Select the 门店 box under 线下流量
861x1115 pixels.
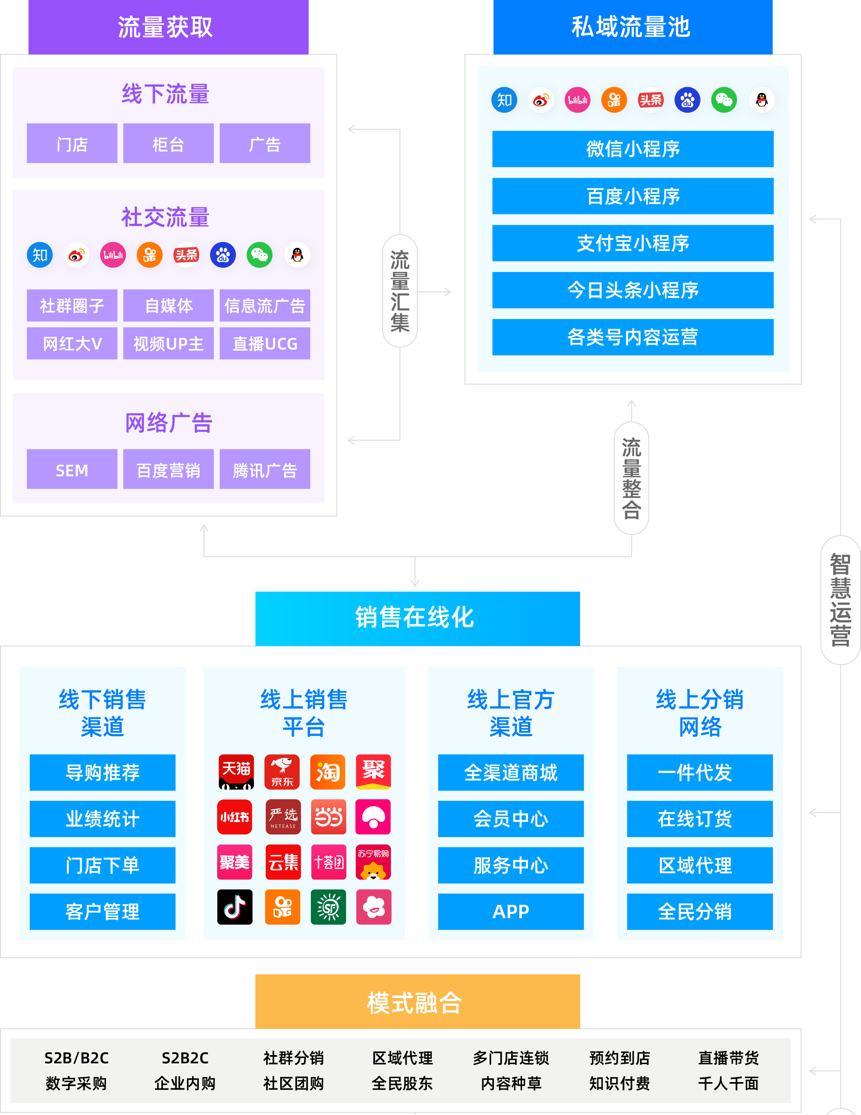pyautogui.click(x=72, y=144)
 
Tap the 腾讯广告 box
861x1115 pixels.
pyautogui.click(x=265, y=470)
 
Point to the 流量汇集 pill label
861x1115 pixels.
pyautogui.click(x=400, y=291)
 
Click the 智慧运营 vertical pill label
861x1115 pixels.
pyautogui.click(x=840, y=600)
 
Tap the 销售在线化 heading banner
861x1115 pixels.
pyautogui.click(x=417, y=618)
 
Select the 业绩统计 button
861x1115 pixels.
pyautogui.click(x=102, y=819)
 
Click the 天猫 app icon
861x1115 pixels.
pyautogui.click(x=236, y=771)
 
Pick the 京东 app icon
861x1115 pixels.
pyautogui.click(x=282, y=771)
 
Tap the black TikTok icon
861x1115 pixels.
pyautogui.click(x=235, y=907)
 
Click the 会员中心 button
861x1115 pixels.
pyautogui.click(x=511, y=819)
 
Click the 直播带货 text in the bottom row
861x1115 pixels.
pyautogui.click(x=728, y=1058)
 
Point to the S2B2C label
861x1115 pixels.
pyautogui.click(x=185, y=1058)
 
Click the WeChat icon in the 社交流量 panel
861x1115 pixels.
pyautogui.click(x=259, y=255)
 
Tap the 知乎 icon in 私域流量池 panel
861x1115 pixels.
pyautogui.click(x=504, y=100)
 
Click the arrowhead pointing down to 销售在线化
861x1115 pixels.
pyautogui.click(x=415, y=584)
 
